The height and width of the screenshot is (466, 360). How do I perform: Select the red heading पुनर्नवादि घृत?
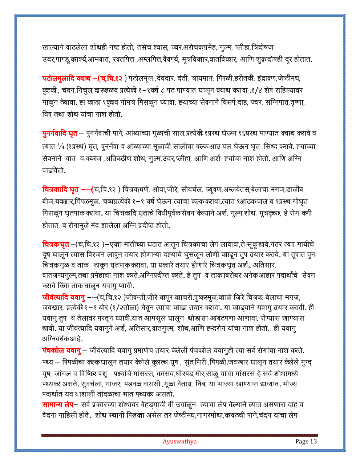point(60,134)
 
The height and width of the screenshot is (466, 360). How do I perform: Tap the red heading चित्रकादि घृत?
point(61,189)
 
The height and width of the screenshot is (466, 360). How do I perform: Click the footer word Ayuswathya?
point(179,442)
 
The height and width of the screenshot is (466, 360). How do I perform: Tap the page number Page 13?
point(306,442)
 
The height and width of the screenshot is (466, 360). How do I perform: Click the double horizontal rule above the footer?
point(180,435)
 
